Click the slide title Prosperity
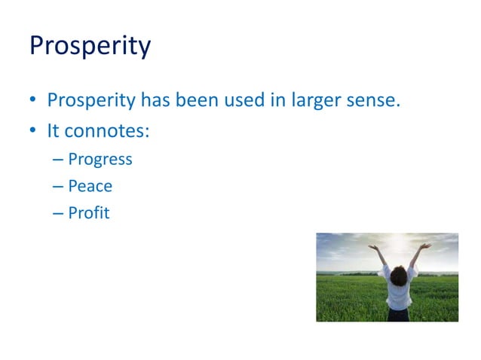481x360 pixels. (90, 47)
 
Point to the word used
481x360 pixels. (244, 100)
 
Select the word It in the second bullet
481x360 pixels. (53, 130)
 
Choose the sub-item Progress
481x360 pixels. (100, 160)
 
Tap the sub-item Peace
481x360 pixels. (90, 186)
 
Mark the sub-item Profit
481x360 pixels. (88, 213)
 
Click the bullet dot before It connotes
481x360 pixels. (34, 131)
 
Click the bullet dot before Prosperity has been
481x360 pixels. (34, 101)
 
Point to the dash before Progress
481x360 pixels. (58, 160)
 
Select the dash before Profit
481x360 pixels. (58, 213)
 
